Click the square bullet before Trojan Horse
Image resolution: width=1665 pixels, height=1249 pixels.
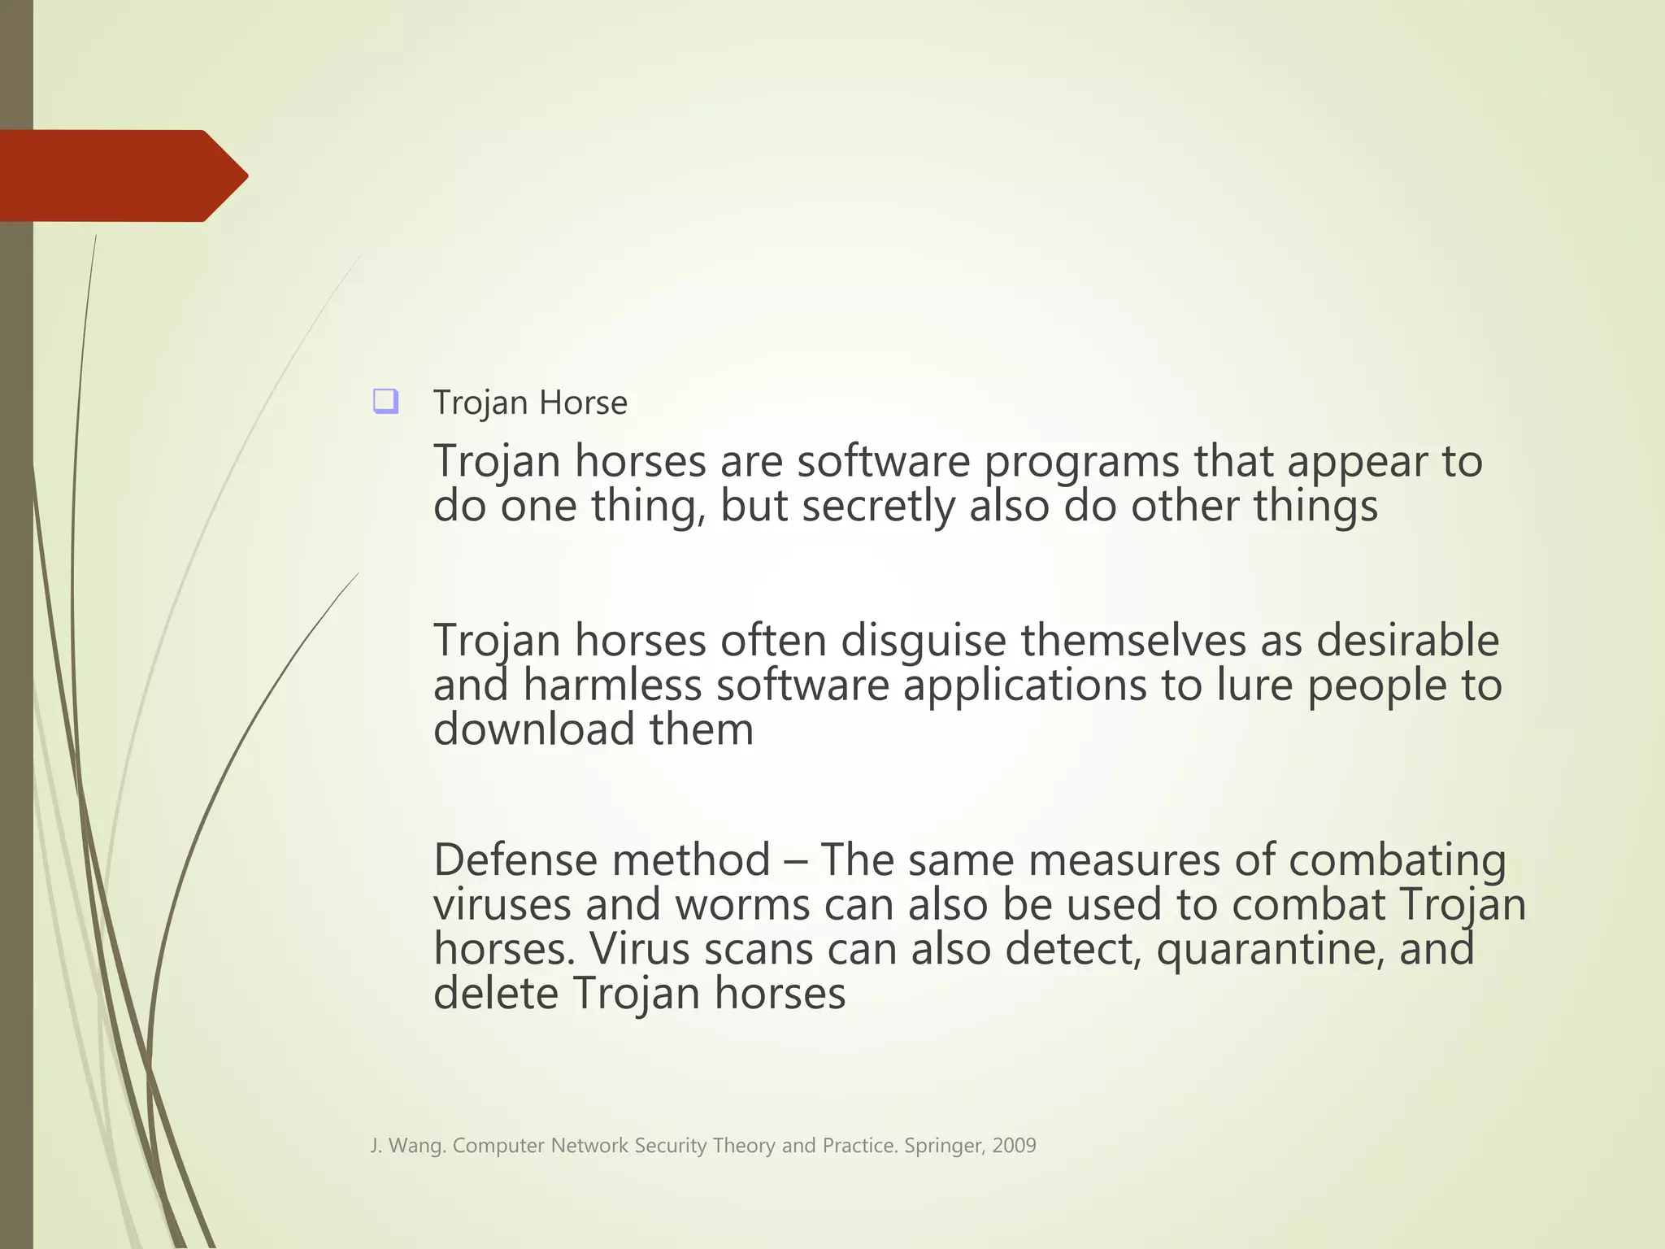[385, 402]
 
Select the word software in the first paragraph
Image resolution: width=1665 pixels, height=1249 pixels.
[883, 462]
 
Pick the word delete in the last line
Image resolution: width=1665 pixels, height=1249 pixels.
[495, 994]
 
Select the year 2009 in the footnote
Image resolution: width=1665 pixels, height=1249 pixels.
[1014, 1146]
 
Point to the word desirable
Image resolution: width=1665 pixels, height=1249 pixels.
[1407, 640]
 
